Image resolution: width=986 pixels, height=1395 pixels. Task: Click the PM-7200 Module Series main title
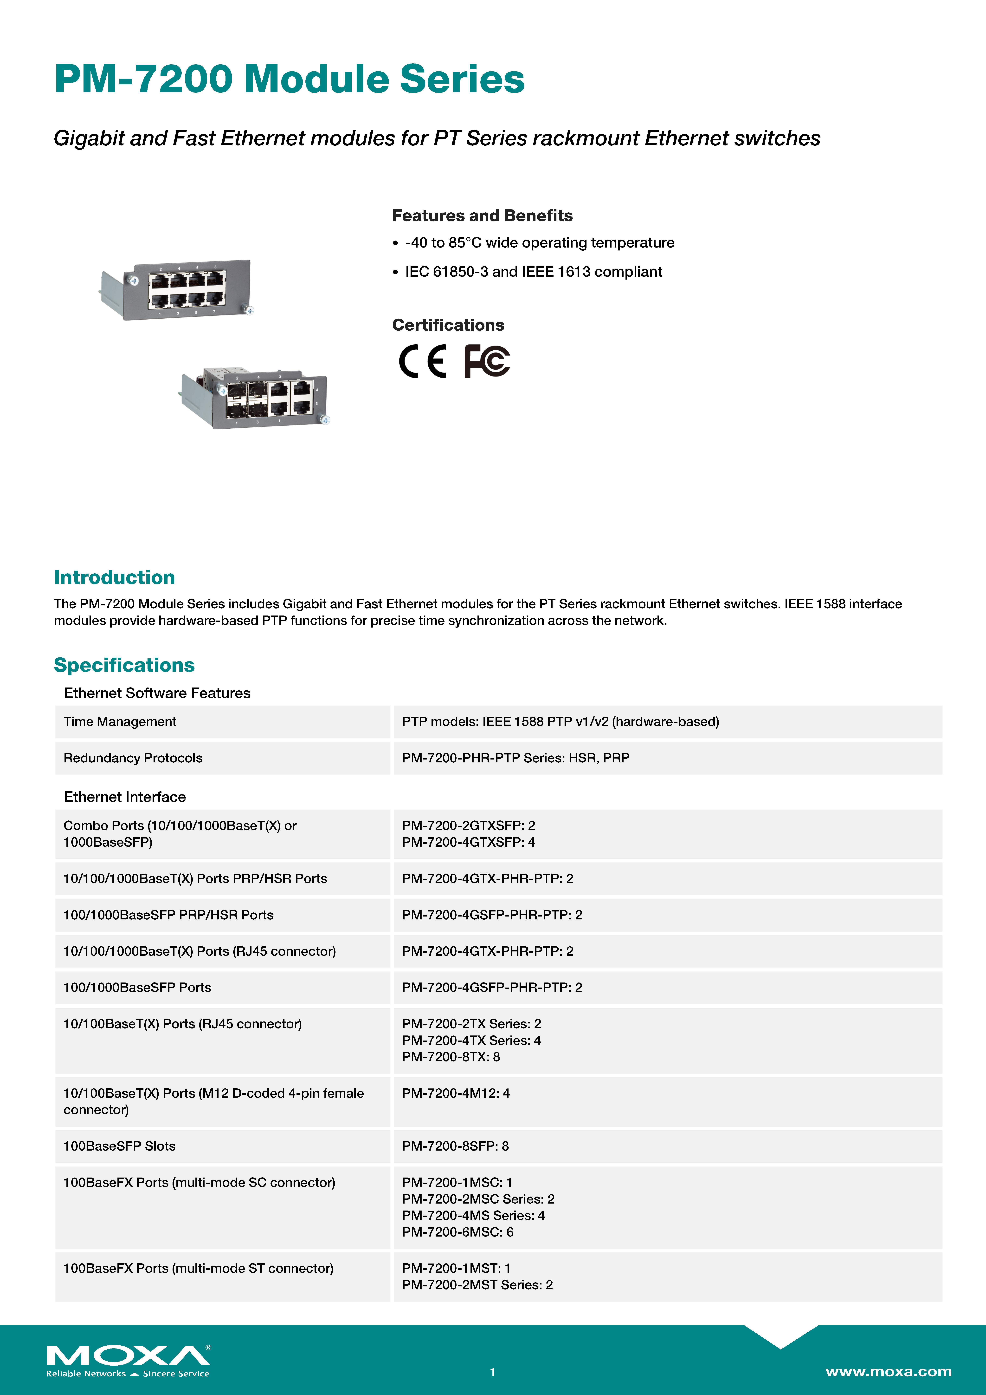[289, 79]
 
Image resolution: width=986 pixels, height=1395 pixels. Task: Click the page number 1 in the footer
[493, 1372]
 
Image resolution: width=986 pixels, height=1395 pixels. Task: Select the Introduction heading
[114, 577]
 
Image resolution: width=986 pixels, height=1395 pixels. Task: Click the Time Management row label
[120, 722]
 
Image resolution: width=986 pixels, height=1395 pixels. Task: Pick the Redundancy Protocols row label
[132, 758]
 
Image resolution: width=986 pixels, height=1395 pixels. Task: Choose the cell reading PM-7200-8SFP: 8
[455, 1146]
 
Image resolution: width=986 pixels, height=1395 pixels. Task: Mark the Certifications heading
[448, 325]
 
